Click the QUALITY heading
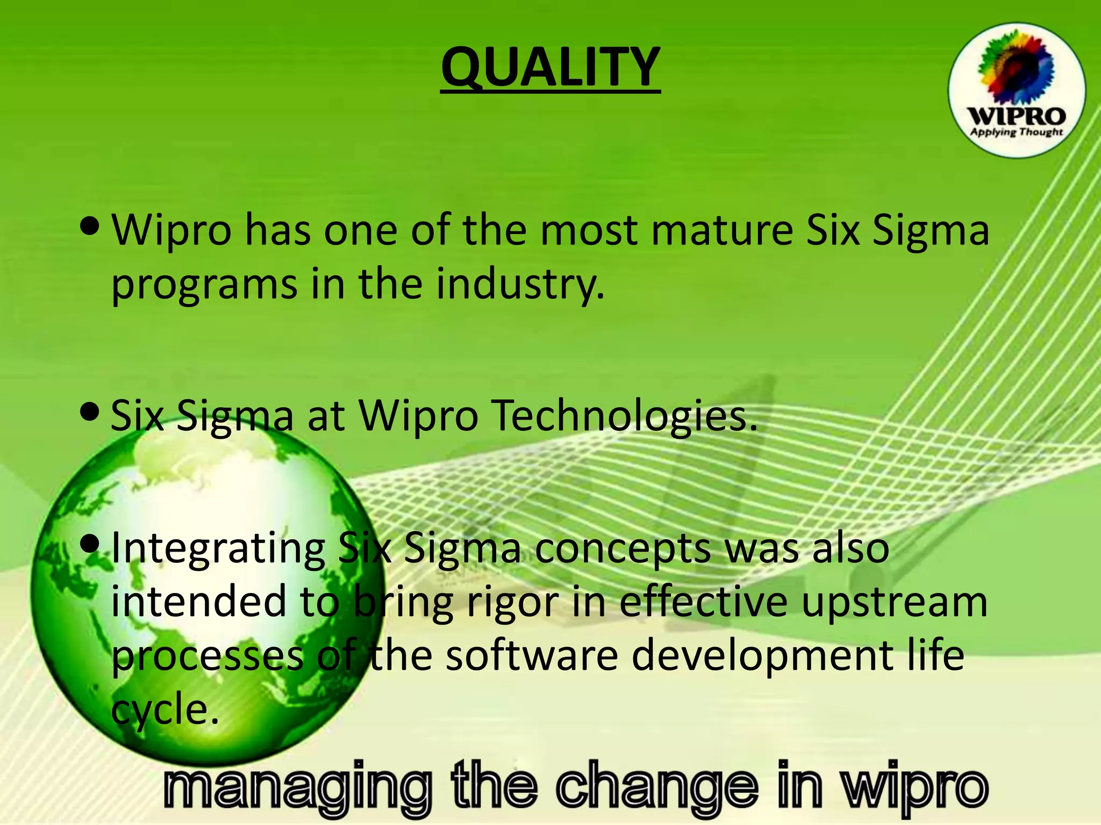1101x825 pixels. pos(550,67)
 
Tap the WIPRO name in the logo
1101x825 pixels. pos(1016,116)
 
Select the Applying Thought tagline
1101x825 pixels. pos(1016,132)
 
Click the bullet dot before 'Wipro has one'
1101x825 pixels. pos(90,226)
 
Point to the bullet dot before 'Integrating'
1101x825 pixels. pos(90,544)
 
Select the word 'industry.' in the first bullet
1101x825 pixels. pos(520,285)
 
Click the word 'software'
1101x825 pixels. pos(532,656)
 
